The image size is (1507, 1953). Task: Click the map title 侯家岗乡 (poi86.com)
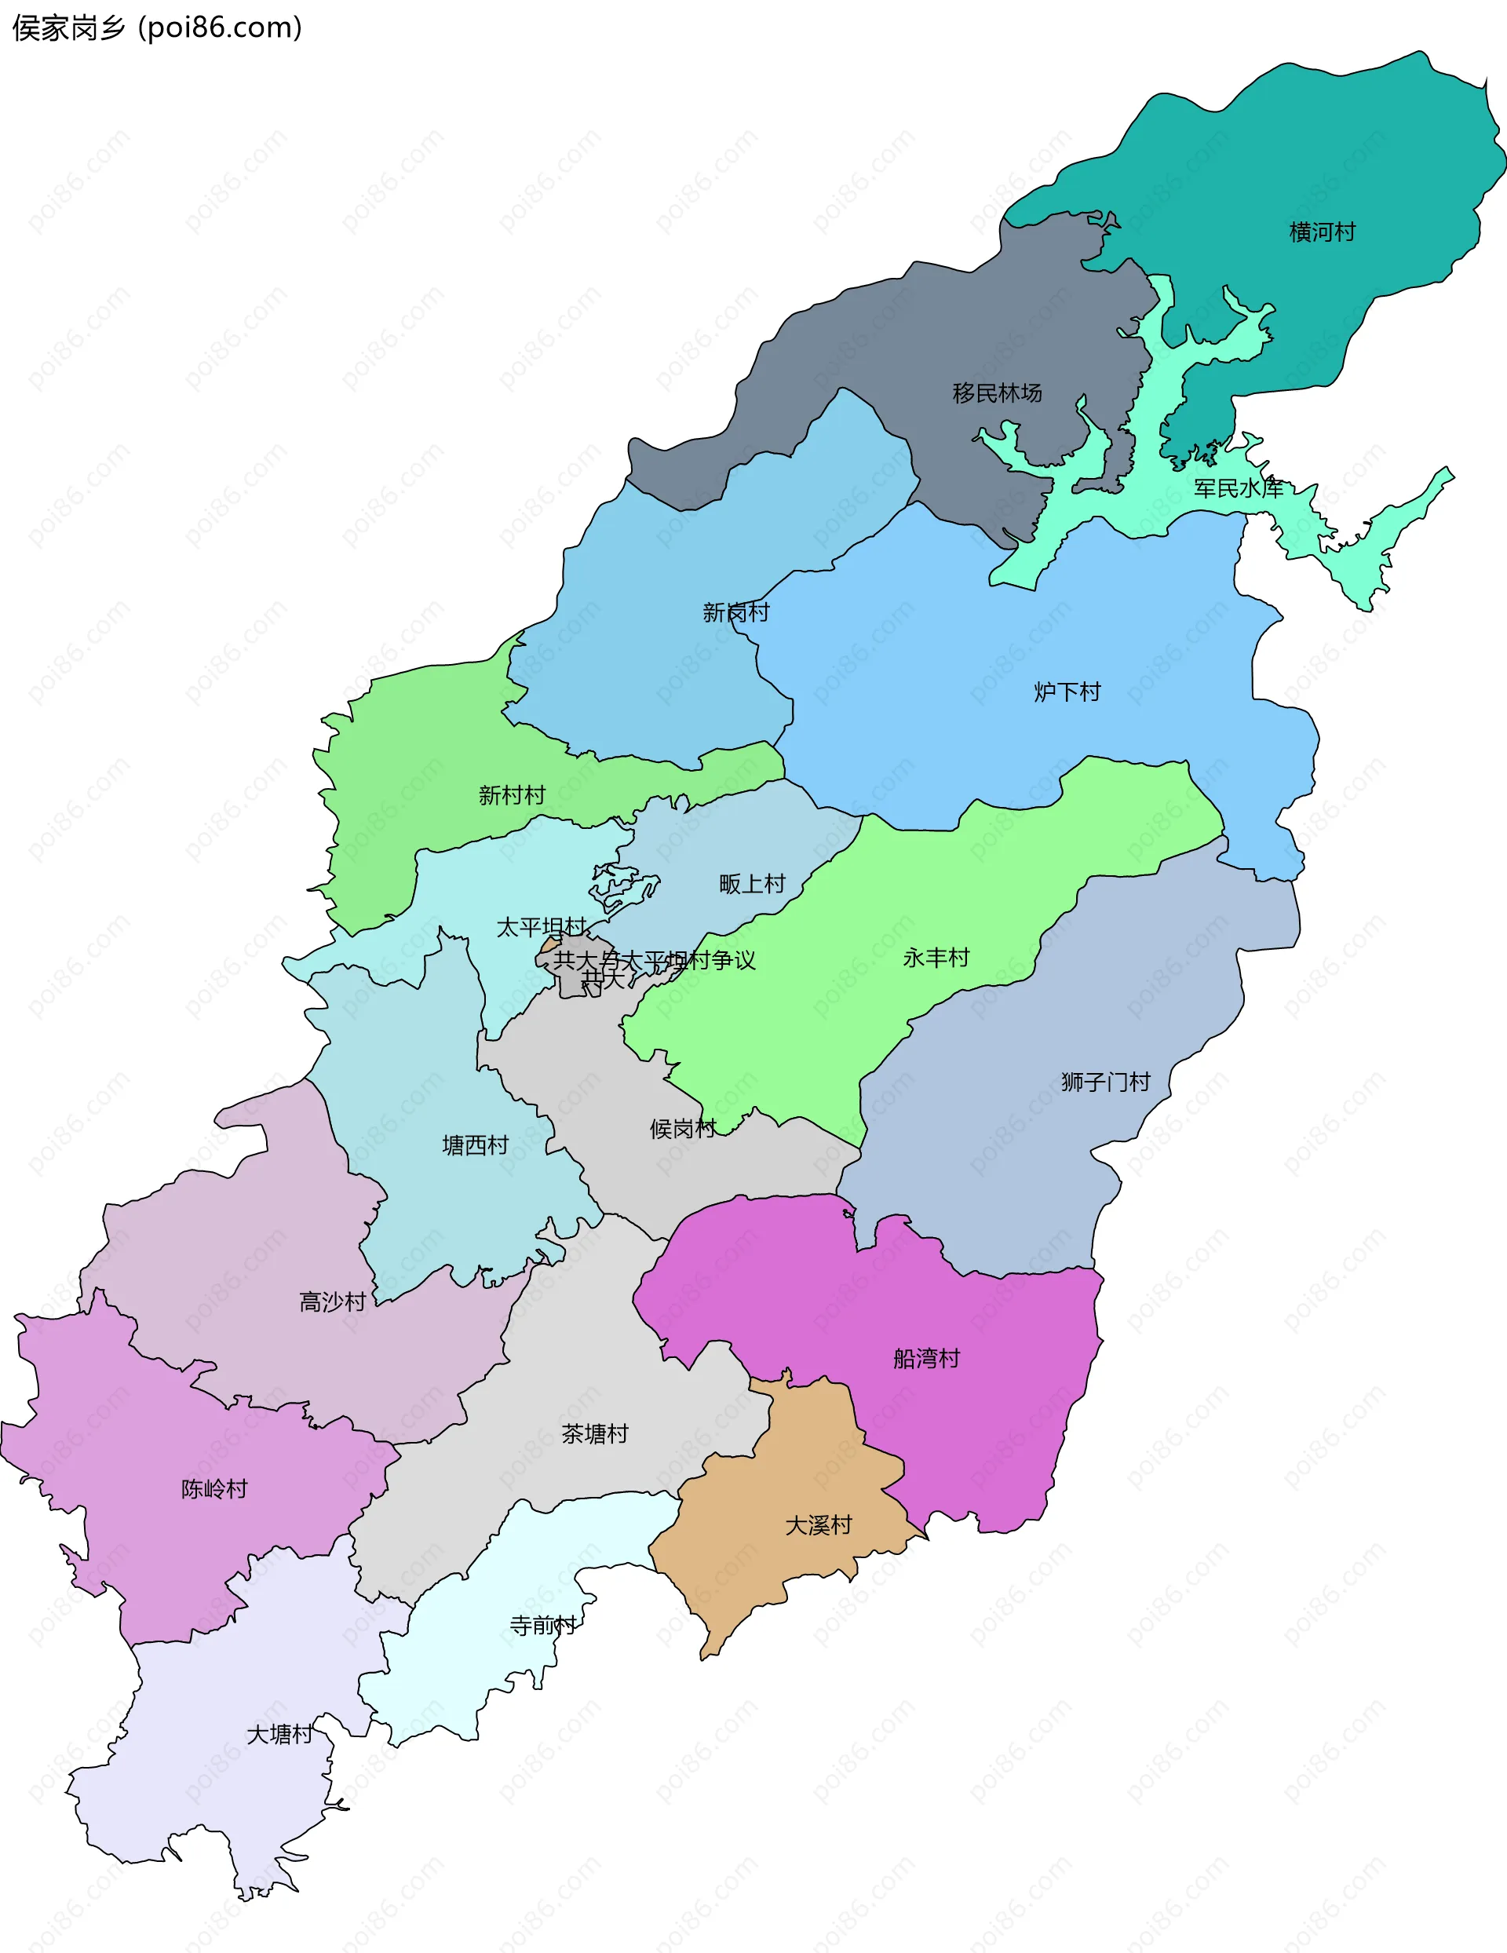coord(158,28)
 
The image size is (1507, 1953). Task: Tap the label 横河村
coord(1322,232)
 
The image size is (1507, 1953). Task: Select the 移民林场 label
coord(998,393)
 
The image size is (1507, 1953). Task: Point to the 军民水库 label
coord(1239,488)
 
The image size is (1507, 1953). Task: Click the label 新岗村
coord(735,612)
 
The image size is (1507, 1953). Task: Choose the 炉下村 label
coord(1067,692)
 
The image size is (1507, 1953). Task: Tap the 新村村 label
coord(512,795)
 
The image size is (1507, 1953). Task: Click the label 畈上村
coord(752,885)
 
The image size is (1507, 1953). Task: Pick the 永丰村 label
coord(936,958)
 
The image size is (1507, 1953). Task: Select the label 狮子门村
coord(1105,1082)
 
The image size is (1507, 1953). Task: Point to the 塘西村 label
coord(475,1145)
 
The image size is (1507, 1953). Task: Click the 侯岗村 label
coord(682,1130)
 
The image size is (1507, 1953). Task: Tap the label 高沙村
coord(333,1302)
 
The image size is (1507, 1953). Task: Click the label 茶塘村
coord(595,1434)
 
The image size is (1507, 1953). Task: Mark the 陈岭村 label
coord(213,1489)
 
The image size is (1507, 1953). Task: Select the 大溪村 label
coord(819,1525)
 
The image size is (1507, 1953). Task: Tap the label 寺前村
coord(543,1626)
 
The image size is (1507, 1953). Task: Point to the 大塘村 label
coord(279,1735)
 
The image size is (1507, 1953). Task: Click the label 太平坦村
coord(541,927)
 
